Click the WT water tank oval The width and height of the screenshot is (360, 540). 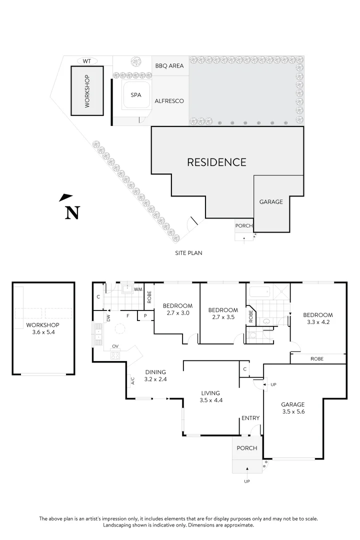tap(86, 61)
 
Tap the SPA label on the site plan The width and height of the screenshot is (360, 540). tap(136, 95)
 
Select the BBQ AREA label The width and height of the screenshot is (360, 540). tap(169, 65)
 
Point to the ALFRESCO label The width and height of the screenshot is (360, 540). tap(169, 101)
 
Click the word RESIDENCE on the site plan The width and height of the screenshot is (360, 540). tap(216, 162)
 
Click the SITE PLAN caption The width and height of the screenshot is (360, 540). tap(188, 253)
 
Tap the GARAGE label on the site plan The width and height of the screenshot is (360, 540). tap(271, 202)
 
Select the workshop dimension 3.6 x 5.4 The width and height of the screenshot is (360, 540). tap(42, 331)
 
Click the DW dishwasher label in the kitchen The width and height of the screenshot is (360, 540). tap(108, 317)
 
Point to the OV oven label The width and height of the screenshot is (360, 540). tap(115, 346)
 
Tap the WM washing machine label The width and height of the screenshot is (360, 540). tap(138, 289)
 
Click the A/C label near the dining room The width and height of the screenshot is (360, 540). tap(132, 381)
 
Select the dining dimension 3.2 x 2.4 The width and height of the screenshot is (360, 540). tap(155, 379)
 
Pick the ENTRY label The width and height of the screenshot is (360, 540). tap(250, 418)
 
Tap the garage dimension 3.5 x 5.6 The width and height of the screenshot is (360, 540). tap(293, 412)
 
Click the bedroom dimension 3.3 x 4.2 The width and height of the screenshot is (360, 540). tap(317, 322)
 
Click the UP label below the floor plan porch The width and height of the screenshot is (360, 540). tap(246, 481)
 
